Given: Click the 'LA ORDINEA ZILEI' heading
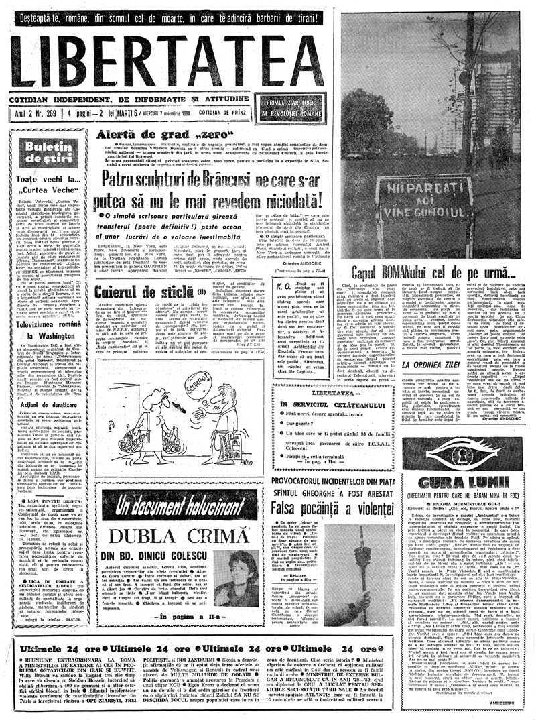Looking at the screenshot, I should [435, 365].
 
